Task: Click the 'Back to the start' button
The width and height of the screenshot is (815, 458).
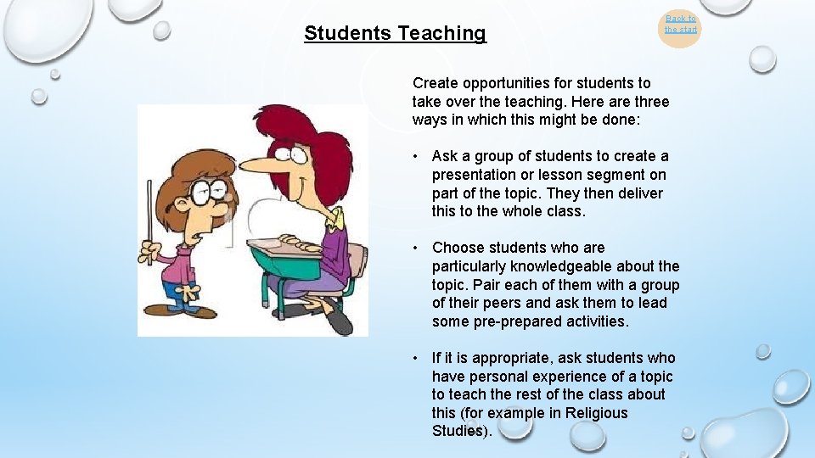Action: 680,25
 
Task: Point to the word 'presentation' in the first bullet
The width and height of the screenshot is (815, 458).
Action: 476,175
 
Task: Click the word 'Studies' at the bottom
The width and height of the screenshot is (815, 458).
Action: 458,431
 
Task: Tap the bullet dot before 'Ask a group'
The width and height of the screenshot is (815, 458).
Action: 416,156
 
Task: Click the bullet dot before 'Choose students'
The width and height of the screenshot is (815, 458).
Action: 416,248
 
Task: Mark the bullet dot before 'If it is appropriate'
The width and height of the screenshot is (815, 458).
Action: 416,358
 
